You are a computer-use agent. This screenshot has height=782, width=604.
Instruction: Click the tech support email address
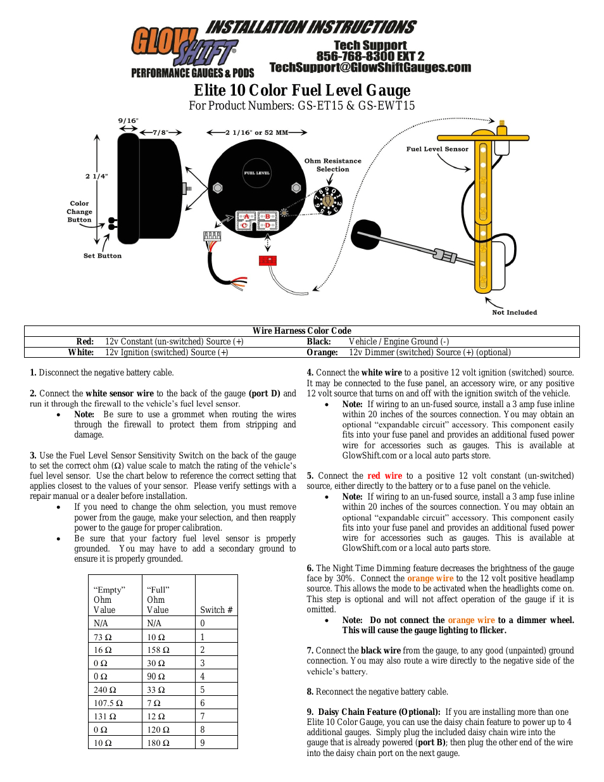[370, 68]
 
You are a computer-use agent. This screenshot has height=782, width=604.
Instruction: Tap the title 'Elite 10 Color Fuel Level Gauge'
[302, 91]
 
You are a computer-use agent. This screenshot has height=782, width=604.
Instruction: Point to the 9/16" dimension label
[128, 120]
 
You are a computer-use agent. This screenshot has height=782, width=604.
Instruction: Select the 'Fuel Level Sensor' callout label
[437, 149]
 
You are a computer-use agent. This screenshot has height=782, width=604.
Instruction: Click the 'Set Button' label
[103, 256]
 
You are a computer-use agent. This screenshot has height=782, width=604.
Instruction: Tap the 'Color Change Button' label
[80, 212]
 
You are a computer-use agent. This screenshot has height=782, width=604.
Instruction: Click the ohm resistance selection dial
[328, 201]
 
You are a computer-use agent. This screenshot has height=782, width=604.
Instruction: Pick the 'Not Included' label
[514, 312]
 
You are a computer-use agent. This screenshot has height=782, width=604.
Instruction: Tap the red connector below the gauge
[268, 260]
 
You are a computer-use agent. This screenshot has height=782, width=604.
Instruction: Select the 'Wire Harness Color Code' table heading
[302, 331]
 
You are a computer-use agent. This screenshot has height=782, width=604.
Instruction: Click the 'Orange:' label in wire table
[322, 353]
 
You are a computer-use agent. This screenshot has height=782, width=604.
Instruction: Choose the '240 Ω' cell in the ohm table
[105, 690]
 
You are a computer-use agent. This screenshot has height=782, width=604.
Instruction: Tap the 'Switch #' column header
[217, 610]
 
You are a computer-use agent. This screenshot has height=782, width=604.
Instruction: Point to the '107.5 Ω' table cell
[108, 703]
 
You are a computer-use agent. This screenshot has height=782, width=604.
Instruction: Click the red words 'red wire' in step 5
[385, 476]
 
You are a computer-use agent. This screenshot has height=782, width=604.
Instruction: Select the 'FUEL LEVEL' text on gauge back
[257, 173]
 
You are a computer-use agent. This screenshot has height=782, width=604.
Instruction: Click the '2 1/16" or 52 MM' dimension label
[256, 133]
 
